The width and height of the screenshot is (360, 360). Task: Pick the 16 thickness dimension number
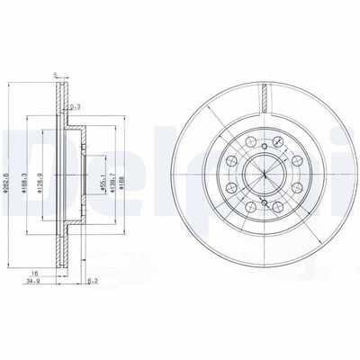click(33, 272)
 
